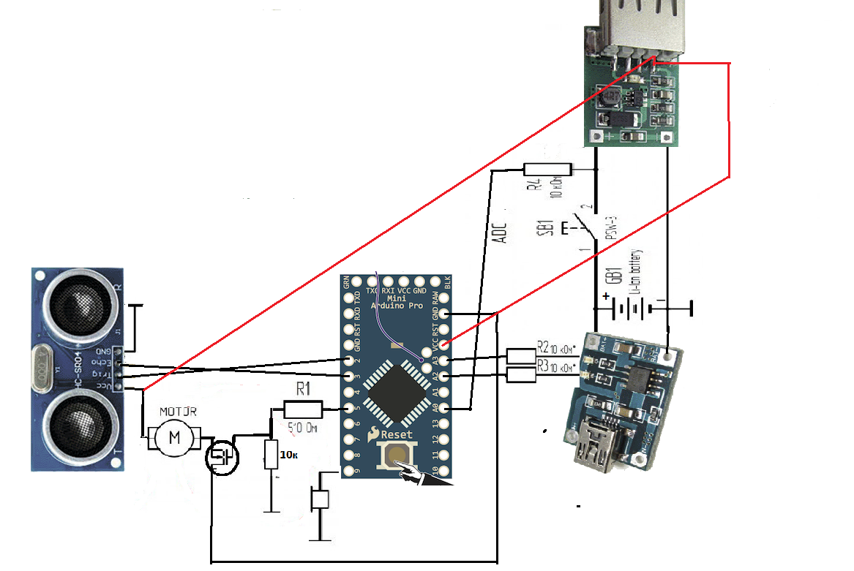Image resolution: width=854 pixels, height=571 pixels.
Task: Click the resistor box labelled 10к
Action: click(x=271, y=454)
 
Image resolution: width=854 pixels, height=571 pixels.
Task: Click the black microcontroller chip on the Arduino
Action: click(x=395, y=394)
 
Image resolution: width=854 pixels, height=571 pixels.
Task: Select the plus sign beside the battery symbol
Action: click(x=606, y=297)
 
